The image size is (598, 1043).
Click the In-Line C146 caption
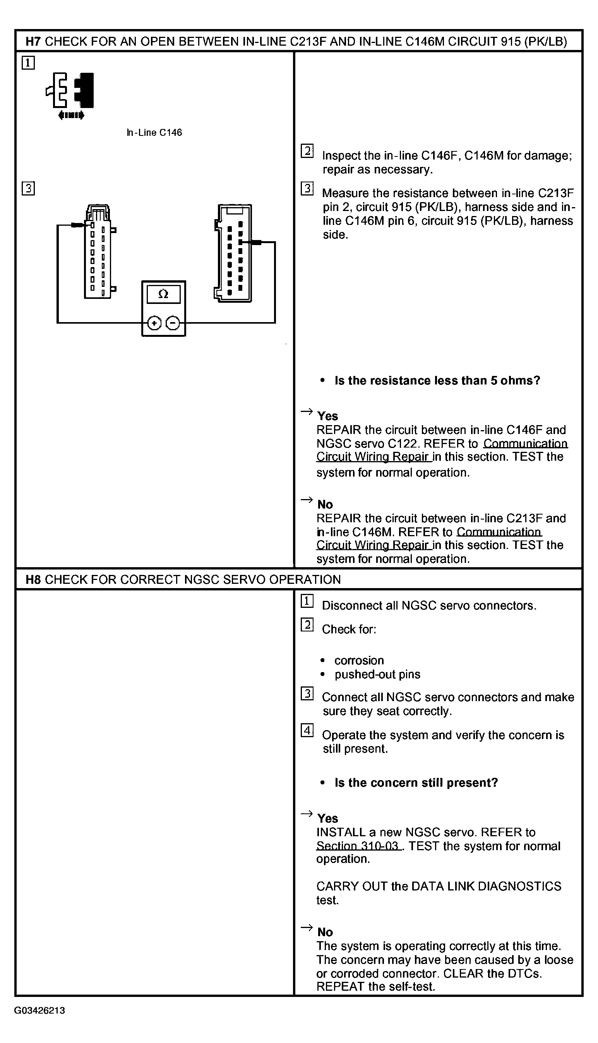154,133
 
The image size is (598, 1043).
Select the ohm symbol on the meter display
163,294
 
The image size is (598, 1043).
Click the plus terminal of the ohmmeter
154,324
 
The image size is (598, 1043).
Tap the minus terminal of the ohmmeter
173,324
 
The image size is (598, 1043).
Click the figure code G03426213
39,1010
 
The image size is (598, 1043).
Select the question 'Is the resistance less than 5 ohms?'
437,381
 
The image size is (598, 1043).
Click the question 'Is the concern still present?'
416,782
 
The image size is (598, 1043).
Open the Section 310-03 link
358,846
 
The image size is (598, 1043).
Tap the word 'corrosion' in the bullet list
359,660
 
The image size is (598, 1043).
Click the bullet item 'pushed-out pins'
377,674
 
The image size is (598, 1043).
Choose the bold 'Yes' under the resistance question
327,416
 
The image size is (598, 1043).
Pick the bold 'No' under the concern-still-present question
325,932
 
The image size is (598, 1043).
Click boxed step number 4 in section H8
307,731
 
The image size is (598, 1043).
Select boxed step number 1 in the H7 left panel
28,63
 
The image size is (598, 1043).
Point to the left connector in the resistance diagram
98,251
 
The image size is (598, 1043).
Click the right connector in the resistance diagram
233,253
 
